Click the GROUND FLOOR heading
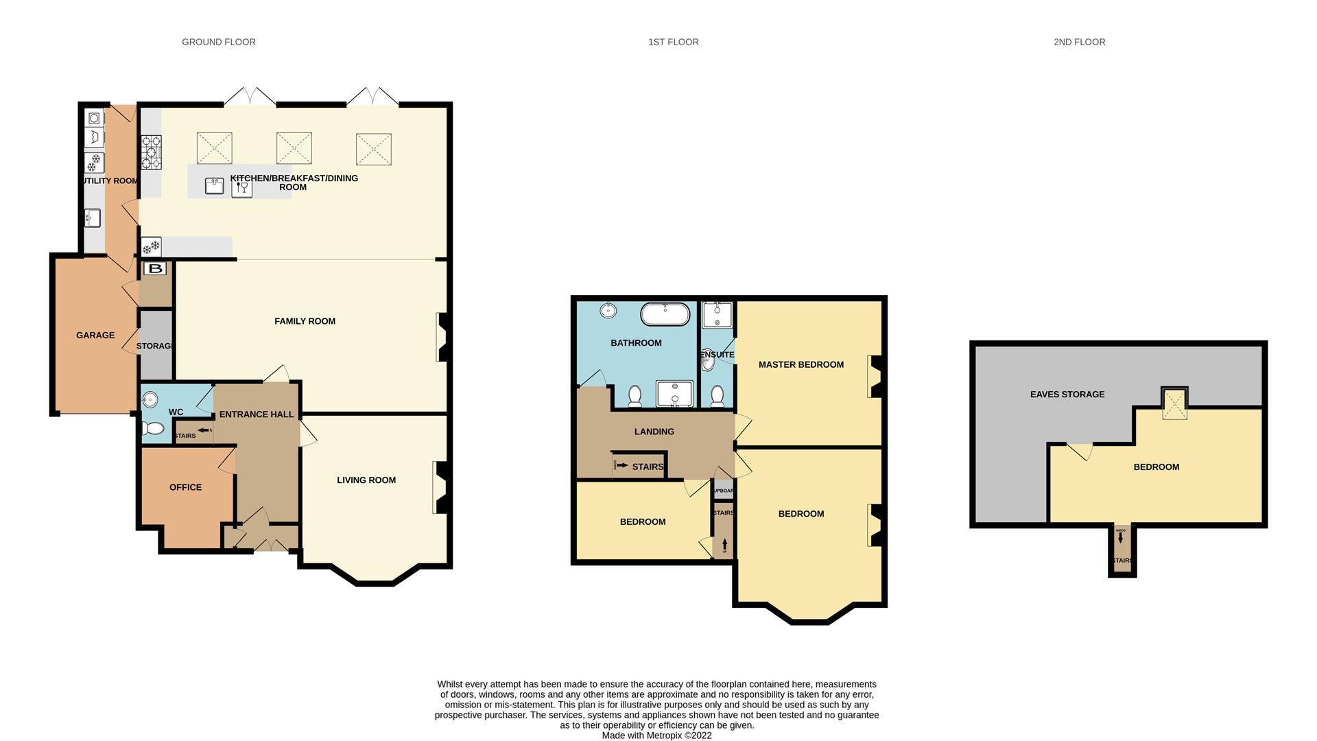218,42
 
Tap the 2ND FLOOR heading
1079,42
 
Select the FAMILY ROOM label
305,321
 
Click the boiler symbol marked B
156,268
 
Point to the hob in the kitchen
151,152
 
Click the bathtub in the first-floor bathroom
665,314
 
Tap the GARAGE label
95,336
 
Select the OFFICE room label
185,487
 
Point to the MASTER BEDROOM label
800,364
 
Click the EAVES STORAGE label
1067,395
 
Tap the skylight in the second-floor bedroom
1174,404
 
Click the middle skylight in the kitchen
294,148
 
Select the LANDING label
654,432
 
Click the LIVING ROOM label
366,480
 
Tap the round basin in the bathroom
608,310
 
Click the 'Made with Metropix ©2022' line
656,736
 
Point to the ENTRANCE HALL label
256,414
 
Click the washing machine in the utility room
95,119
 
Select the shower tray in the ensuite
717,315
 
